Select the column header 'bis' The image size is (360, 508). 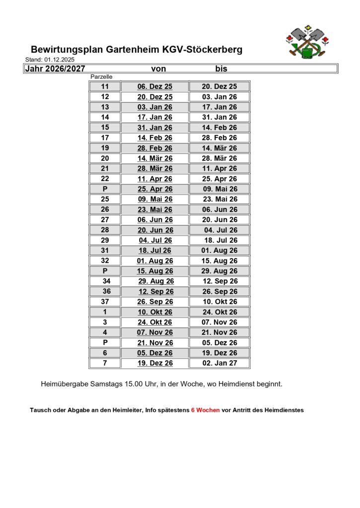tap(221, 68)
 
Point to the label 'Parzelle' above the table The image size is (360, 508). tap(101, 77)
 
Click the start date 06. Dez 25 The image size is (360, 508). tap(155, 86)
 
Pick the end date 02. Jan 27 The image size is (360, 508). tap(219, 363)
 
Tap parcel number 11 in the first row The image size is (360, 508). tap(105, 86)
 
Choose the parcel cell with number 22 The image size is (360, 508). tap(105, 179)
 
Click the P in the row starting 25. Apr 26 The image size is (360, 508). tap(105, 189)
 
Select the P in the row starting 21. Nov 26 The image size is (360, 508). tap(105, 342)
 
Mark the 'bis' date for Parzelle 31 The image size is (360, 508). tap(219, 251)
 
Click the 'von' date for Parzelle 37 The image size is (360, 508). tap(155, 302)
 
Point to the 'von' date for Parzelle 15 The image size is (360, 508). tap(155, 127)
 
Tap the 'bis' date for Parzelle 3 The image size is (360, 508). tap(219, 322)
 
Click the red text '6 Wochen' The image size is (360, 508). tap(205, 410)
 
